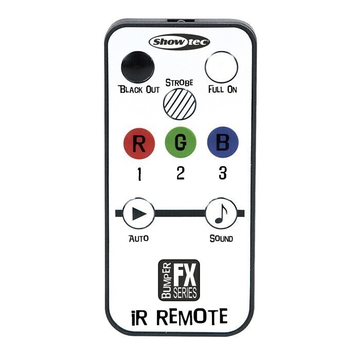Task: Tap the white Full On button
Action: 222,67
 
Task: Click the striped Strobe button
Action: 180,104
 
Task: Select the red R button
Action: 139,143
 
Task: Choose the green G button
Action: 181,142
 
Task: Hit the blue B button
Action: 223,142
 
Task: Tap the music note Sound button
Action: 221,213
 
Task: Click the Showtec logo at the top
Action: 179,42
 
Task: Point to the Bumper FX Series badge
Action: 179,280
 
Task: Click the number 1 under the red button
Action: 139,174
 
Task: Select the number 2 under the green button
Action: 181,173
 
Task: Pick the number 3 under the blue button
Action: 223,173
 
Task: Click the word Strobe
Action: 179,83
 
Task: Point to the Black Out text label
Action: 139,89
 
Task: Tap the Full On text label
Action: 223,89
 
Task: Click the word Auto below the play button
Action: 139,238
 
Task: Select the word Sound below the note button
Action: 221,239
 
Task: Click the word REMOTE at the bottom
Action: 192,317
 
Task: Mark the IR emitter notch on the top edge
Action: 181,21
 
